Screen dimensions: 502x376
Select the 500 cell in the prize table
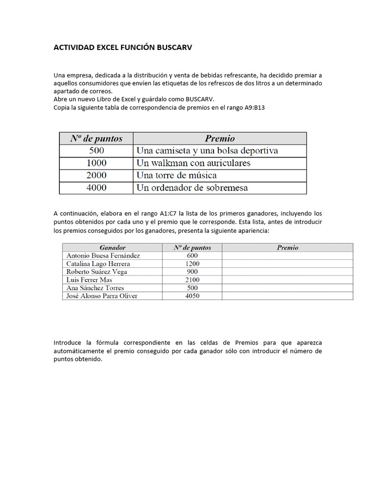96,151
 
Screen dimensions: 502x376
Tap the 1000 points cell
96,163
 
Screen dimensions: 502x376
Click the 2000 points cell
96,175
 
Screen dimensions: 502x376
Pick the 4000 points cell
96,187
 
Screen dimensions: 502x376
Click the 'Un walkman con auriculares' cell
193,163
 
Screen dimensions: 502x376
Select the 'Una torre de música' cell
177,175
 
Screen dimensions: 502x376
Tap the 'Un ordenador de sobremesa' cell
192,187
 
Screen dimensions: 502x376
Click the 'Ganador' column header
113,248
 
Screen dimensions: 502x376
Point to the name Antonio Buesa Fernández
103,255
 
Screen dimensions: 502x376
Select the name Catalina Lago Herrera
98,264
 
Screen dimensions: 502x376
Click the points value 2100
192,280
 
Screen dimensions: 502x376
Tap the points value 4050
192,296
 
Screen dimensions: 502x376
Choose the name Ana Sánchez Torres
95,288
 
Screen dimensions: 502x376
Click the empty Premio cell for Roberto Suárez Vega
287,272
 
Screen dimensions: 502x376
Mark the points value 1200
192,264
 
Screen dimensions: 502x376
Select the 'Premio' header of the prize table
219,138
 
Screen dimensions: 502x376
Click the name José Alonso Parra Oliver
102,296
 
